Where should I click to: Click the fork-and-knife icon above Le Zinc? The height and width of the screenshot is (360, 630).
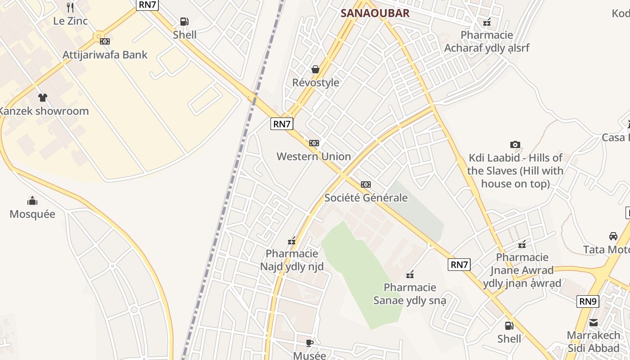point(70,7)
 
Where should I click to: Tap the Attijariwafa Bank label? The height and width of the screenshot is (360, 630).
point(105,55)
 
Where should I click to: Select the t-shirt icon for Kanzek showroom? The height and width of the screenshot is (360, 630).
point(43,97)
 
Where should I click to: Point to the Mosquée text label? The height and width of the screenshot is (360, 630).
point(32,214)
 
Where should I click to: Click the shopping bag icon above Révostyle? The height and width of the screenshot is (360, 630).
point(315,69)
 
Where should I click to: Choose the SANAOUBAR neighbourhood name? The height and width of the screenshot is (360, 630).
point(375,13)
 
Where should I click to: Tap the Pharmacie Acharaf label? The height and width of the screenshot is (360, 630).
point(487,41)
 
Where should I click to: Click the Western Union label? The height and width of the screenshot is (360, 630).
point(314,157)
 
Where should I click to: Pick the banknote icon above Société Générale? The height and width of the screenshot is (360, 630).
point(366,184)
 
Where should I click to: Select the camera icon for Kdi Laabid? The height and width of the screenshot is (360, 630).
point(515,144)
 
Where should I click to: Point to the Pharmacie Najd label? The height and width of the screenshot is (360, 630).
point(292,260)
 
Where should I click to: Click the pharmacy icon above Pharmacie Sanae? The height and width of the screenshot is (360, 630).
point(410,274)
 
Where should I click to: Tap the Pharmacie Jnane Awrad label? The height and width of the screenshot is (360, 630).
point(522,270)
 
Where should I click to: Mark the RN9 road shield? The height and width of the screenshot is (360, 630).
point(588,301)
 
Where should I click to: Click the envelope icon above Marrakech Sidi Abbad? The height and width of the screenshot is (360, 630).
point(594,322)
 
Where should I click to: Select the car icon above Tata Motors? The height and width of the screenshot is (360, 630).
point(613,236)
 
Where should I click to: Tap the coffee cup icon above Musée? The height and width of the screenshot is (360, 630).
point(310,343)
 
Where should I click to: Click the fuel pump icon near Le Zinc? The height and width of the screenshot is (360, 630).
point(184,21)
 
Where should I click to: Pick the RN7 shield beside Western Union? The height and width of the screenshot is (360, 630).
point(282,124)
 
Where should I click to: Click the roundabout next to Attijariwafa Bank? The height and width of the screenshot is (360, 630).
point(99,36)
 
